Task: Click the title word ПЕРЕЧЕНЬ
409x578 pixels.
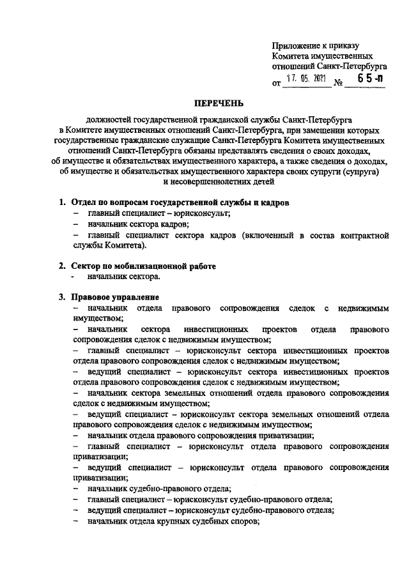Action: pos(219,102)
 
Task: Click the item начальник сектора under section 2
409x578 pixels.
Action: pos(124,277)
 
